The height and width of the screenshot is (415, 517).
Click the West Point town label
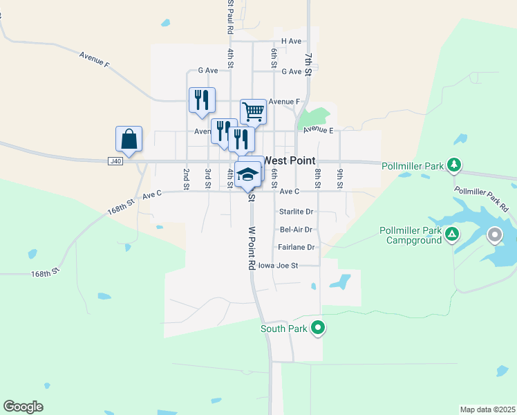pos(289,160)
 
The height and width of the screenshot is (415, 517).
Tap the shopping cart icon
pos(254,111)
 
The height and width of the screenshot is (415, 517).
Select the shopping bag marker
pos(129,138)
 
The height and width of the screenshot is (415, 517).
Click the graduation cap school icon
pos(247,174)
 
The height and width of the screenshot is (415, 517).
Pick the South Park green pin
pos(318,328)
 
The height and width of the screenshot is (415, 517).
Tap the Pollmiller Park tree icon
pos(454,165)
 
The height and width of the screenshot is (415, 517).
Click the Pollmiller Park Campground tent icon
pos(451,234)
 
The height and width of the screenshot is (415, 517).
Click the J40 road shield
pos(115,161)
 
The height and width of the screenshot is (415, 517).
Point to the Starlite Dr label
pos(297,212)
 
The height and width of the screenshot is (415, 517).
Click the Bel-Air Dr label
pos(297,229)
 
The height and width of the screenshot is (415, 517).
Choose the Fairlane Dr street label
pos(297,247)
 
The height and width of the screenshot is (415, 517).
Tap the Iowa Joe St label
pos(278,265)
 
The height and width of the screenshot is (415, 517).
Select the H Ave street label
pos(291,41)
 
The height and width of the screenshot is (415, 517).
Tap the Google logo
pos(23,407)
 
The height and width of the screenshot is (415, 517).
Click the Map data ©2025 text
pos(487,409)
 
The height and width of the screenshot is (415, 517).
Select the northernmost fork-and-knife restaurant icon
pos(202,100)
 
